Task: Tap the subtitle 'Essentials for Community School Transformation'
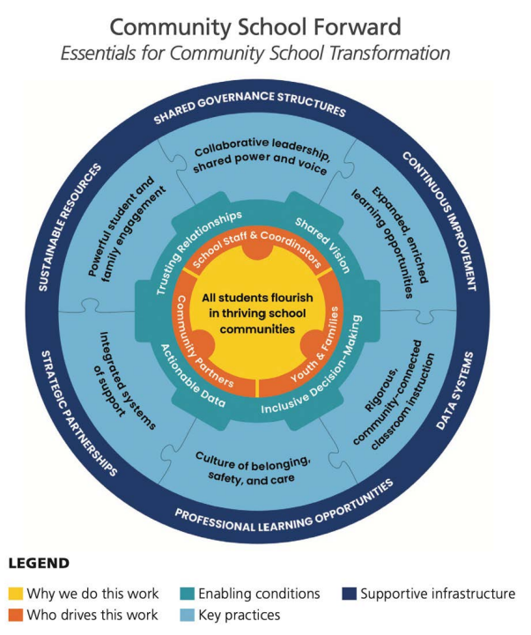254,53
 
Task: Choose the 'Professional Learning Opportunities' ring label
283,507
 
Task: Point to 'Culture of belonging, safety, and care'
255,468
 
